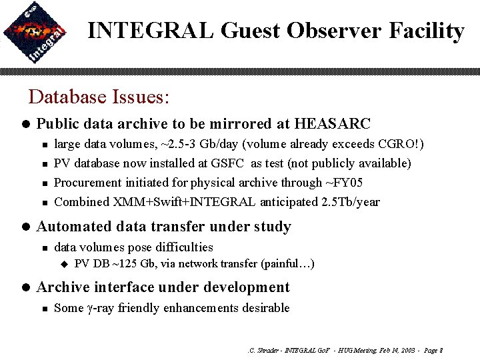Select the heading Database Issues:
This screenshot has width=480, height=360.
(99, 97)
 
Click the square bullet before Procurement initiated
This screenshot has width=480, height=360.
(43, 183)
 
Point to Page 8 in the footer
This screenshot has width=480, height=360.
(432, 350)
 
